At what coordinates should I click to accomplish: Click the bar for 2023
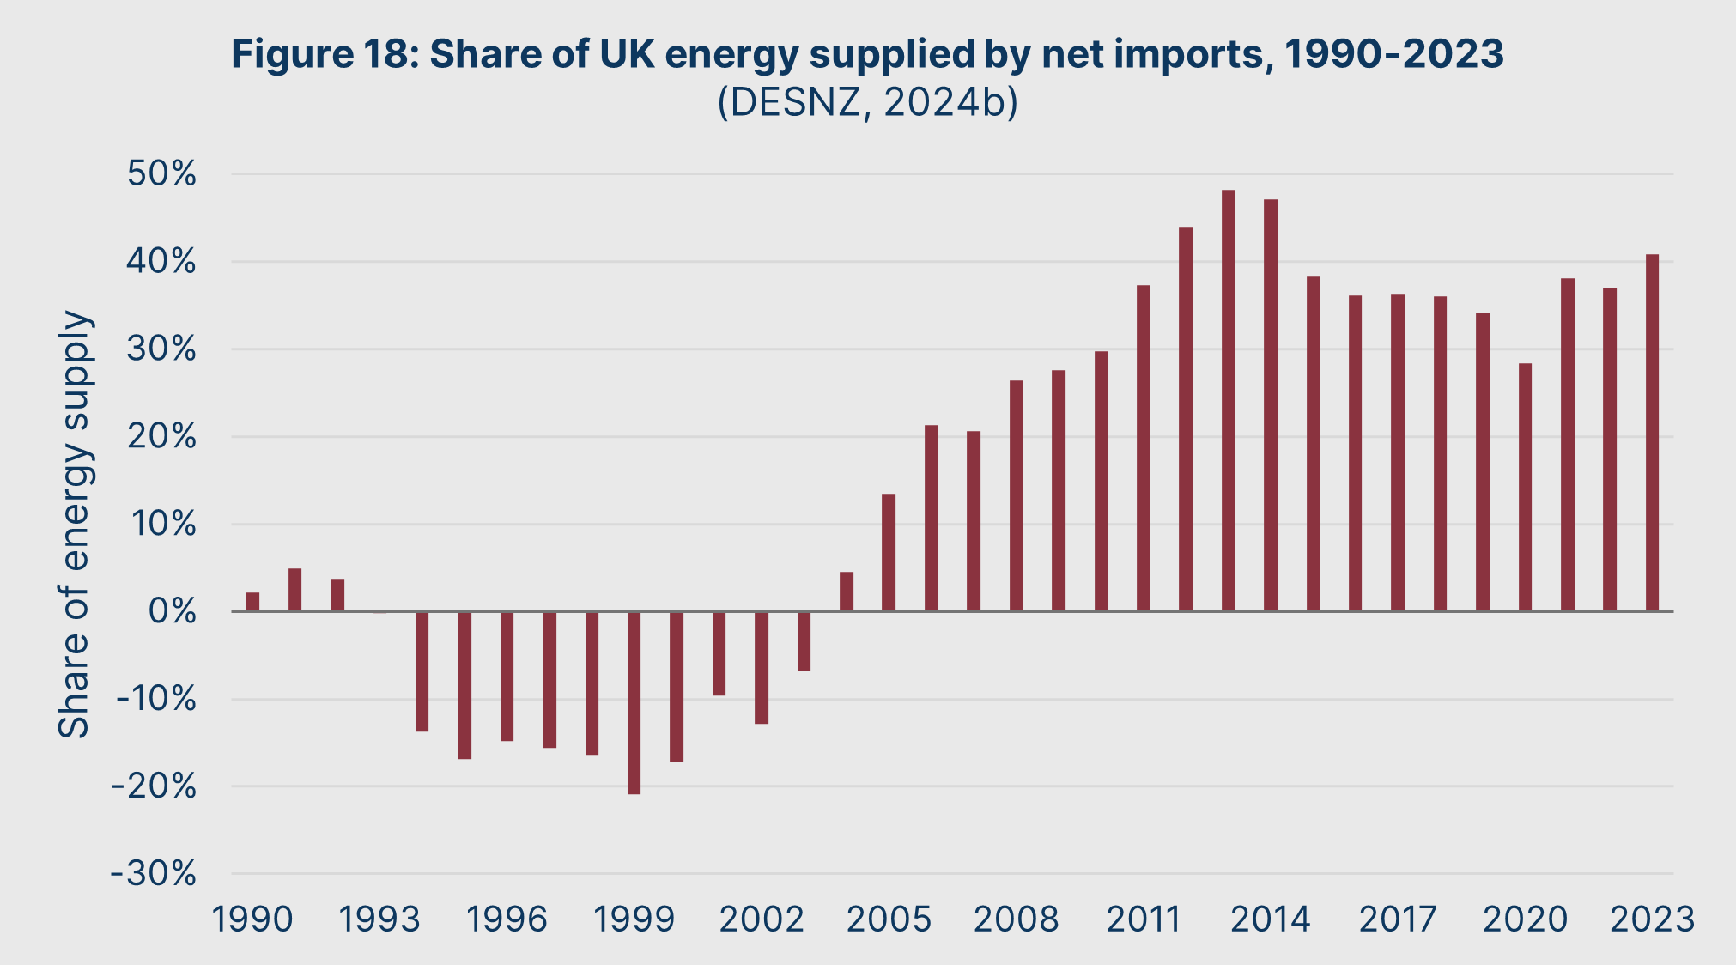(1652, 433)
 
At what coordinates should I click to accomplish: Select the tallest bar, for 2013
(1228, 401)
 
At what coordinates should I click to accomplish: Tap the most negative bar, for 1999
(634, 702)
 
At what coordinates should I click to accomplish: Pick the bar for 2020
(1525, 487)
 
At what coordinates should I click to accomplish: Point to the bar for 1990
(252, 602)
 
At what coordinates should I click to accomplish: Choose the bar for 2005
(889, 552)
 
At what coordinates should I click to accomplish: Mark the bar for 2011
(1143, 448)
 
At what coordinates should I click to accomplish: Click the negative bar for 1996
(507, 676)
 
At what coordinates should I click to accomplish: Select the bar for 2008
(1016, 495)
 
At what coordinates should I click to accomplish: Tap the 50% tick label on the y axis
(162, 174)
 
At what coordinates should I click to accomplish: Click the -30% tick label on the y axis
(155, 874)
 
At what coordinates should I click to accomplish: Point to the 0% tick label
(173, 612)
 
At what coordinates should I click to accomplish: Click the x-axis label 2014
(1271, 919)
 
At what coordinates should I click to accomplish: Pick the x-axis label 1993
(379, 919)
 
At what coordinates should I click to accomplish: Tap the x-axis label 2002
(762, 919)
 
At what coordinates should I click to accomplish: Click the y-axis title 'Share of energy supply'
(74, 524)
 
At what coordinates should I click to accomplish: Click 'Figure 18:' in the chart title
(323, 54)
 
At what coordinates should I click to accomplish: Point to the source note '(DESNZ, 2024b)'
(867, 103)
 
